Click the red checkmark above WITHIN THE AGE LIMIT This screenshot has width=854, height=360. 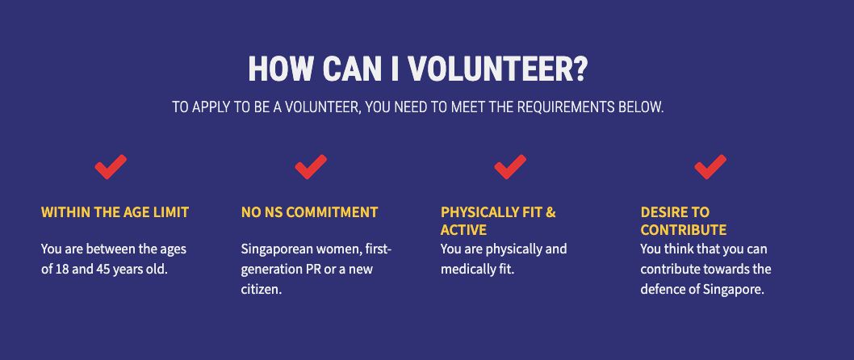click(x=111, y=166)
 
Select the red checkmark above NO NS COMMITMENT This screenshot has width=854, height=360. click(x=311, y=166)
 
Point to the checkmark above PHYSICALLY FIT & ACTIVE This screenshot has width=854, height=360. click(x=510, y=166)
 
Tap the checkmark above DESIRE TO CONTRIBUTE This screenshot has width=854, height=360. click(x=710, y=166)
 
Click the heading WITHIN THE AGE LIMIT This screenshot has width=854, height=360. click(x=115, y=212)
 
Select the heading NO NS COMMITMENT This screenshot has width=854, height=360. click(x=309, y=212)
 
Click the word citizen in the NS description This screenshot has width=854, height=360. click(x=261, y=289)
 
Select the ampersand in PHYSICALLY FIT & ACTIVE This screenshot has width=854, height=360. click(x=550, y=212)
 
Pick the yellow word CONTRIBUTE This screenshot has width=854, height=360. click(x=684, y=230)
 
